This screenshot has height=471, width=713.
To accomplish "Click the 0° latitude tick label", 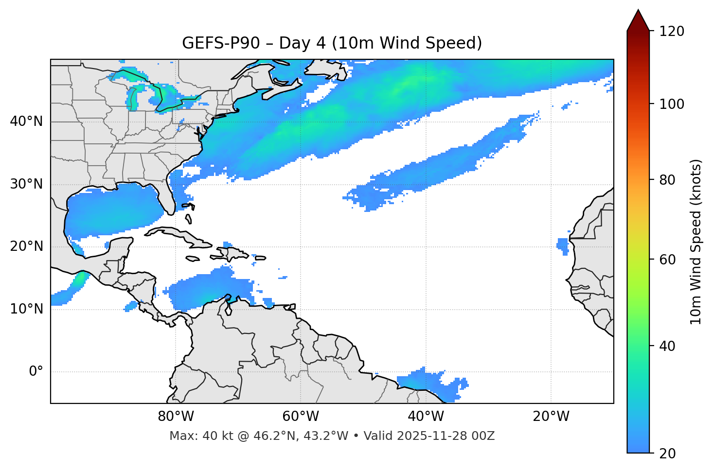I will [x=36, y=372].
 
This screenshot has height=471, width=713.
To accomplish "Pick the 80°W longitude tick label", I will [x=176, y=417].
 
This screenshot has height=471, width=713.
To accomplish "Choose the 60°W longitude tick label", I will [x=301, y=417].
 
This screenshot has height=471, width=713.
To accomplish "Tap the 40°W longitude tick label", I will [x=426, y=417].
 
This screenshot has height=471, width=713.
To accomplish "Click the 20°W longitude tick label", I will [x=551, y=417].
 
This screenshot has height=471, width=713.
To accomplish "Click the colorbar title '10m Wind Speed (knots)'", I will [x=696, y=242].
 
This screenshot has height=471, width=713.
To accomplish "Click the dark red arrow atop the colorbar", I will [x=638, y=20].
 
